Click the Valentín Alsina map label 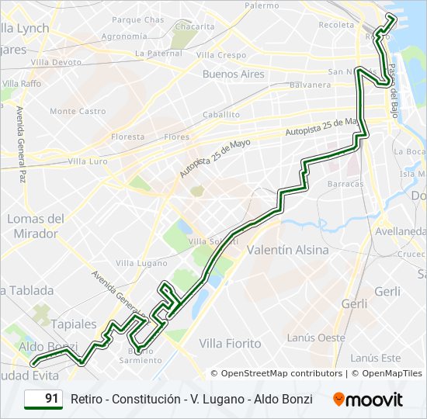pos(287,251)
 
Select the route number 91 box pos(43,399)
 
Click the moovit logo pos(368,400)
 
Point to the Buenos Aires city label pos(233,74)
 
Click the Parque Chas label pos(138,19)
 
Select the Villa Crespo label pos(221,55)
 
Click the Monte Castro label pos(78,111)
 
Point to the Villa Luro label pos(88,161)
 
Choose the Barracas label pos(345,184)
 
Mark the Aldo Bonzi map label pos(48,346)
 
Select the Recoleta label pos(335,25)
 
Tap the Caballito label pos(221,114)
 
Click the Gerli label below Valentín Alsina pos(354,304)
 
